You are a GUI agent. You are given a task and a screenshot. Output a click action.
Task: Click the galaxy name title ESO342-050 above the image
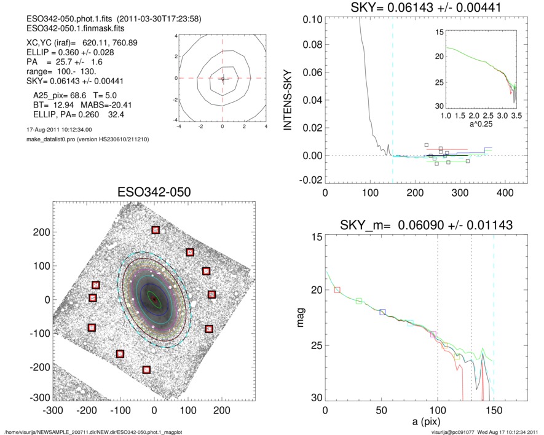154,192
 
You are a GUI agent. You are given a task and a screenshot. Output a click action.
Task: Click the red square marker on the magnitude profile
337,289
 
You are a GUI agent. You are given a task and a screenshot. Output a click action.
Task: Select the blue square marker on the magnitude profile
382,312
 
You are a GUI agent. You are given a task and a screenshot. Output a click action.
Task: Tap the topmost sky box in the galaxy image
156,230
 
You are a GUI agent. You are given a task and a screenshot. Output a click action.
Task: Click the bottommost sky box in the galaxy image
146,369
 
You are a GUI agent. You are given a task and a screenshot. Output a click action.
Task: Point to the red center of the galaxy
154,299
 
